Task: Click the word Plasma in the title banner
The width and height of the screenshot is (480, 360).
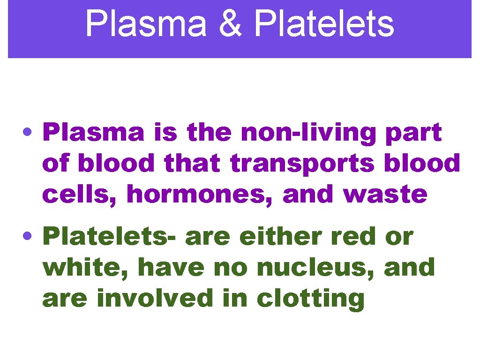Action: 146,24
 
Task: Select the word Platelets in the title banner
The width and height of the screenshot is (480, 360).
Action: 323,24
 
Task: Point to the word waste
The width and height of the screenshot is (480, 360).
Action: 385,194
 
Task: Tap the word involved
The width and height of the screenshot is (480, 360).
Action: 154,298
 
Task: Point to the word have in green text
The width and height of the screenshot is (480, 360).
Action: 171,268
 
